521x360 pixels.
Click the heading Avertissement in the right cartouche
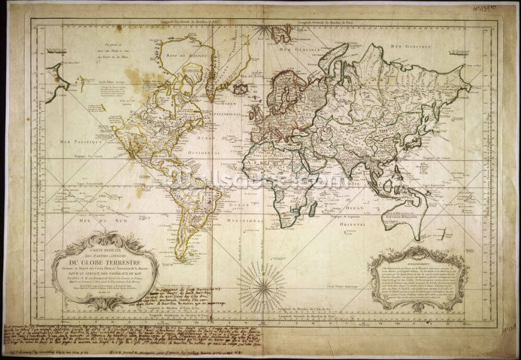[417, 265]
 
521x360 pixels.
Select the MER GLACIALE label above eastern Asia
[406, 46]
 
